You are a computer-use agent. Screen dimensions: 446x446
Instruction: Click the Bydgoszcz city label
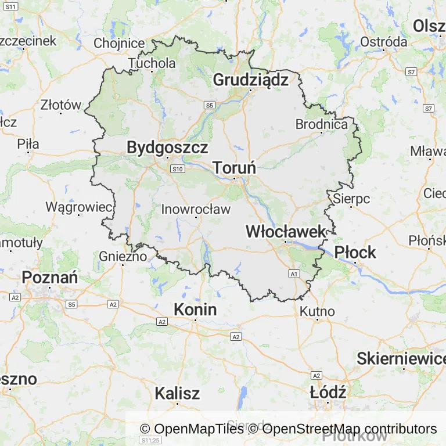(x=167, y=148)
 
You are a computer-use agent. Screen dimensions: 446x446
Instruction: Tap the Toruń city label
(x=235, y=168)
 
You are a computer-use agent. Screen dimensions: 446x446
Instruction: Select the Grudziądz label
(x=250, y=80)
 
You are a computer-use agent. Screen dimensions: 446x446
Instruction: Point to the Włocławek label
(x=286, y=231)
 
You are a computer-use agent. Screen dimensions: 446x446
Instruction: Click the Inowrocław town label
(x=196, y=209)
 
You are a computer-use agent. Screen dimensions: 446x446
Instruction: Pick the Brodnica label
(x=321, y=124)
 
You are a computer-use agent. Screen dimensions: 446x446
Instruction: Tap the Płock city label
(x=355, y=252)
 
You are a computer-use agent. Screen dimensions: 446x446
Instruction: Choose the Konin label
(x=195, y=310)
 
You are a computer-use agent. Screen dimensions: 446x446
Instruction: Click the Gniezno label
(x=123, y=256)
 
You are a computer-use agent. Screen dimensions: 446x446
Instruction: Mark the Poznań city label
(x=50, y=278)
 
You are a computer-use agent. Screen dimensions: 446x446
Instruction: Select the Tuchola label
(x=152, y=63)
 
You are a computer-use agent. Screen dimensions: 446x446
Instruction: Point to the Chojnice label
(x=119, y=43)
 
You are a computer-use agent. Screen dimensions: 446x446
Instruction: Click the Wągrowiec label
(x=78, y=207)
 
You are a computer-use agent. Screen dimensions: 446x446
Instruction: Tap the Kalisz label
(x=177, y=393)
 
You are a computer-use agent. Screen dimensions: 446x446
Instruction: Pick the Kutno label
(x=317, y=311)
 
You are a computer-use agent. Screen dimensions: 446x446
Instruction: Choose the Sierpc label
(x=351, y=199)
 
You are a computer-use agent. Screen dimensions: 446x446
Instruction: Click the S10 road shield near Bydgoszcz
(x=178, y=168)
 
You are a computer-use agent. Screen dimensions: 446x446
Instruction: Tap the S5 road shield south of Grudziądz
(x=209, y=105)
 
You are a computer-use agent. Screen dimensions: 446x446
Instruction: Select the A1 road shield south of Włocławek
(x=294, y=273)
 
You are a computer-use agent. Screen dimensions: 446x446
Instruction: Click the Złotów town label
(x=61, y=105)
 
